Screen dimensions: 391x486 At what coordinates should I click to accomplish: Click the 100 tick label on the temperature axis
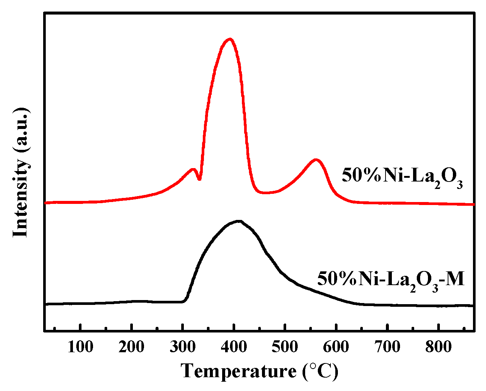pos(81,347)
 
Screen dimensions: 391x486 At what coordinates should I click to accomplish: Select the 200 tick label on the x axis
pos(132,347)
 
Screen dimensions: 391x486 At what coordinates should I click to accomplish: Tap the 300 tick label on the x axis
pos(183,347)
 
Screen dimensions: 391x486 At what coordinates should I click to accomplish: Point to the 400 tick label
pos(234,347)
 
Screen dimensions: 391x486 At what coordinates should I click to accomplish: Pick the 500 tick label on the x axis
pos(285,347)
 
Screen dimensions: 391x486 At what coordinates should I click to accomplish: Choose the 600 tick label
pos(336,347)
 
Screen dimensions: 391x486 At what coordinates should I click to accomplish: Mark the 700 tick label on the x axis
pos(387,347)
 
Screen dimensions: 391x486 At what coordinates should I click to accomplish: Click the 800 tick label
pos(438,347)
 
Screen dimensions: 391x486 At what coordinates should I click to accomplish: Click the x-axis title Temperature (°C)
pos(260,371)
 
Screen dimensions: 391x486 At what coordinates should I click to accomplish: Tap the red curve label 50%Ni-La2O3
pos(402,176)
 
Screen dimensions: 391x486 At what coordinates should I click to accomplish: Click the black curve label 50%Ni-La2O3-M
pos(391,280)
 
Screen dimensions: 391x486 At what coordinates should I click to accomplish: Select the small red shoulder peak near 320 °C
pos(193,169)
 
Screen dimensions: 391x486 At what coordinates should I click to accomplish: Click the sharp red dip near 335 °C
pos(199,180)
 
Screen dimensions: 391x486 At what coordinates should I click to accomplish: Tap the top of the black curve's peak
pos(238,221)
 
